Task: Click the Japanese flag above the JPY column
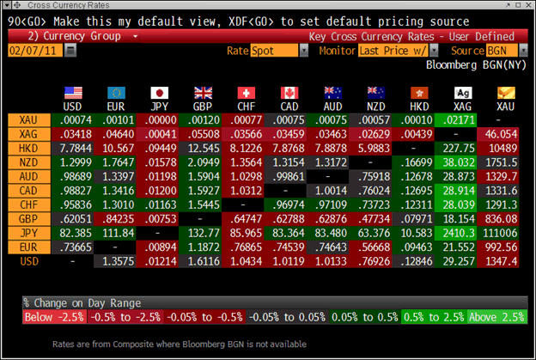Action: [159, 93]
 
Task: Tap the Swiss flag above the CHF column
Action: [247, 93]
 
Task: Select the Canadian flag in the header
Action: [289, 93]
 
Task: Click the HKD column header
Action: [420, 107]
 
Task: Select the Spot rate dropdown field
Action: [279, 51]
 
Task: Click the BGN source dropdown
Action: [492, 51]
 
